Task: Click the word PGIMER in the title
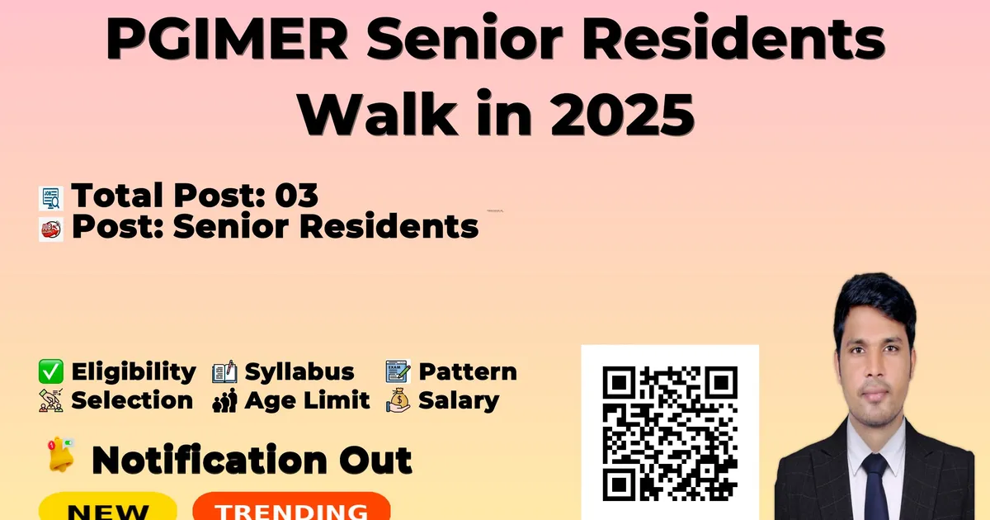point(227,38)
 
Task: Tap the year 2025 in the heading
point(623,115)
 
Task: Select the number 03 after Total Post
point(296,195)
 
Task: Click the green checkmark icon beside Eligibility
point(51,371)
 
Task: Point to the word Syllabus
point(299,372)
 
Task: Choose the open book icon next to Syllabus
point(224,372)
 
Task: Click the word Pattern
point(468,372)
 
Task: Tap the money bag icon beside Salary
point(398,400)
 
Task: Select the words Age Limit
point(307,400)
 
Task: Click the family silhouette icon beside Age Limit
point(224,400)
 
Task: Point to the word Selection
point(132,400)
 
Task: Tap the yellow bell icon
point(60,455)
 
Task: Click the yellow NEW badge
point(108,507)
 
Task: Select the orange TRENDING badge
point(292,507)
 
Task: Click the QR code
point(670,433)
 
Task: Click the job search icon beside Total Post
point(51,198)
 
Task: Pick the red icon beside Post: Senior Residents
point(51,229)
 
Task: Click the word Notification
point(210,460)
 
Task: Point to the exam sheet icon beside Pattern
point(398,371)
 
